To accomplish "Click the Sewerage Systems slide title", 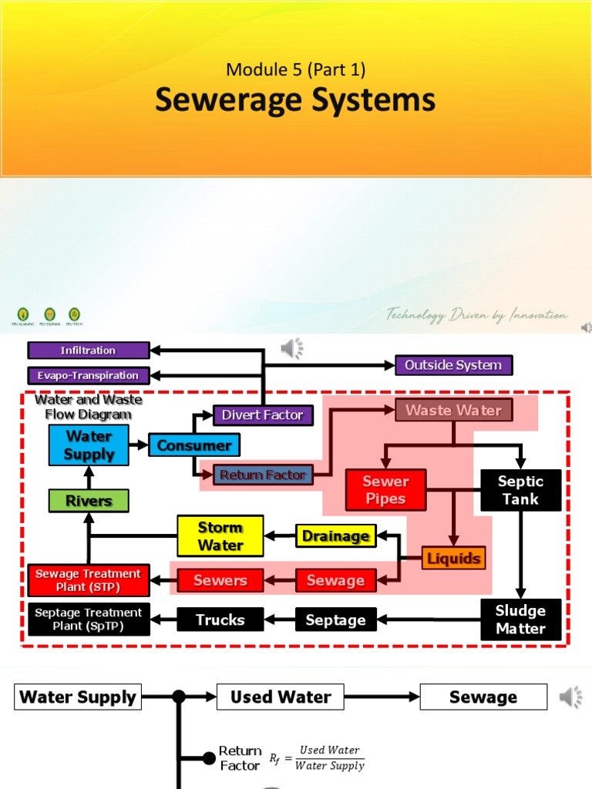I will click(295, 101).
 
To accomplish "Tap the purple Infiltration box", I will click(89, 351).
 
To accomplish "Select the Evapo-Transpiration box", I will click(89, 375).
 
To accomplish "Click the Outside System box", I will click(453, 365).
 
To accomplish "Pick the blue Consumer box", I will click(194, 445).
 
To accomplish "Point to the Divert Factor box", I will click(263, 415).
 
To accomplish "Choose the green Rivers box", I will click(89, 501).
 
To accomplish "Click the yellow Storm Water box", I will click(220, 536).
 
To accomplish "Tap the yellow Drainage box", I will click(335, 536).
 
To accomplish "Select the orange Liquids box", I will click(454, 558).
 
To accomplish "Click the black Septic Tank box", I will click(521, 490).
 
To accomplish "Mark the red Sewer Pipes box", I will click(385, 490).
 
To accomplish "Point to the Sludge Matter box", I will click(521, 620).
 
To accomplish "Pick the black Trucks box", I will click(220, 619).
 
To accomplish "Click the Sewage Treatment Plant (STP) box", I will click(88, 580).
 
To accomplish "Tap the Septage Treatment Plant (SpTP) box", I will click(88, 619).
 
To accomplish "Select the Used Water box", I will click(281, 697).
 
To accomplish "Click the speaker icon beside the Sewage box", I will click(570, 698).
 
